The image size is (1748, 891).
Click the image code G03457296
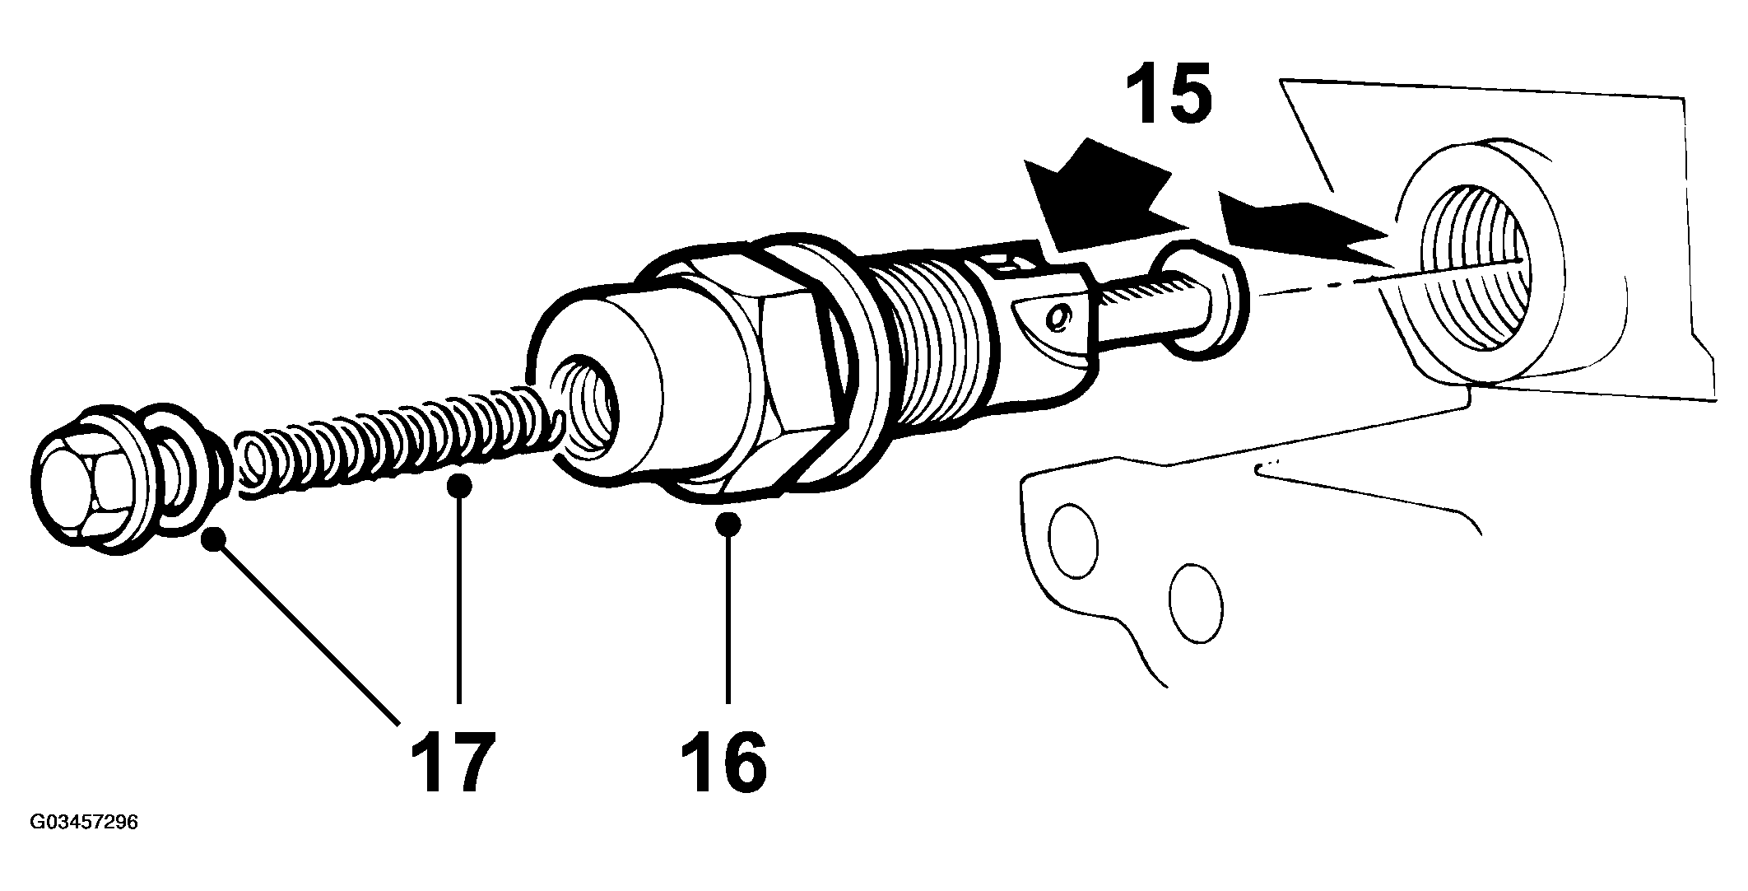[x=84, y=823]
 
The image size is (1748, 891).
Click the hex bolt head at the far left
[x=86, y=482]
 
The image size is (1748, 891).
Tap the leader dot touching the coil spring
[x=461, y=485]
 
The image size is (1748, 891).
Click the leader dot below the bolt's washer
[x=215, y=539]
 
